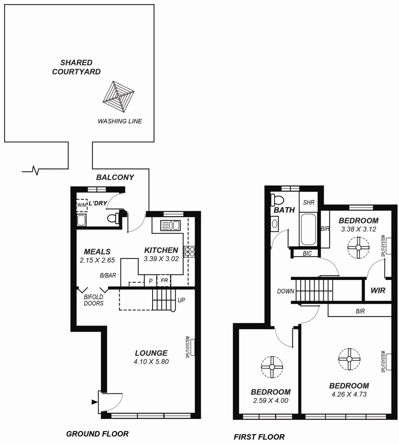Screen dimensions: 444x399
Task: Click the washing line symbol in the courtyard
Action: point(118,97)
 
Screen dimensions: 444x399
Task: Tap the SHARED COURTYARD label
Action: point(77,67)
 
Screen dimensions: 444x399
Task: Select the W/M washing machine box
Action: point(82,205)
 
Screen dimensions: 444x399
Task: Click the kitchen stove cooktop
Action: point(189,251)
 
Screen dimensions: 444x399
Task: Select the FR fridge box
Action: point(163,281)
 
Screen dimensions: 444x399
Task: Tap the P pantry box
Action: point(151,281)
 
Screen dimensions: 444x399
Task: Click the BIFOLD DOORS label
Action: point(93,300)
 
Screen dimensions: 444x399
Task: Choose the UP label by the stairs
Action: point(181,300)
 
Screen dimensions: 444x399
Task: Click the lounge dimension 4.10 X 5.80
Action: point(151,362)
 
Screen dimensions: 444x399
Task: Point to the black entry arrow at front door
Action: point(94,402)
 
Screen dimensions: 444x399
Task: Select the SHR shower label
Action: point(309,203)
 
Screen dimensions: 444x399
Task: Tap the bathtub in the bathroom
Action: point(308,229)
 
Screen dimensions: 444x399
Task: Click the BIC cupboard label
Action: point(307,254)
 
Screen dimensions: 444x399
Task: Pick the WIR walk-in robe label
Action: point(378,290)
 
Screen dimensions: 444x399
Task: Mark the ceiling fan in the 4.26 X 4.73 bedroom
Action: point(349,358)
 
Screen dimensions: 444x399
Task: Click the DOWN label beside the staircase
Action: point(285,291)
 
